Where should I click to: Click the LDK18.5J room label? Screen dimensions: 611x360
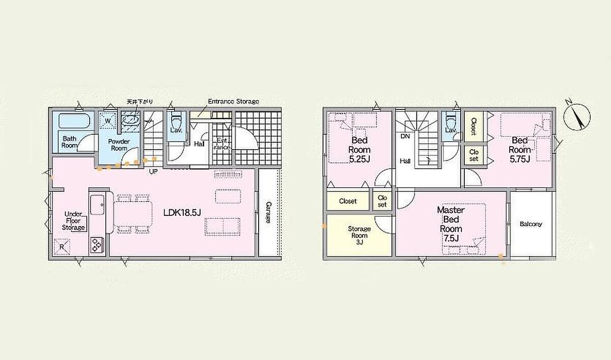click(182, 212)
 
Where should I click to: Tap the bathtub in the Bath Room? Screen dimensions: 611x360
click(74, 121)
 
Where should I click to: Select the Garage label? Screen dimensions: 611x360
click(268, 212)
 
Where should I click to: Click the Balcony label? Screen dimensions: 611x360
click(531, 224)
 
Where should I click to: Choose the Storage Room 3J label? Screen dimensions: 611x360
click(359, 235)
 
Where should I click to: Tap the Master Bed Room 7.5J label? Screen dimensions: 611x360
click(451, 224)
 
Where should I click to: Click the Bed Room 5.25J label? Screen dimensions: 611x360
click(359, 150)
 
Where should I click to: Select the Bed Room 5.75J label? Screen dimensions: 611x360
click(520, 150)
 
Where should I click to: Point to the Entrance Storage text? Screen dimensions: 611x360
click(234, 101)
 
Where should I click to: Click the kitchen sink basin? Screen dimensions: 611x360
click(97, 205)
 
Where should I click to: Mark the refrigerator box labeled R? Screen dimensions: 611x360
click(62, 247)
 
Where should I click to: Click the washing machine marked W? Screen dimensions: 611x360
click(108, 120)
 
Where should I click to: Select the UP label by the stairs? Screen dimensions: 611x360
click(153, 172)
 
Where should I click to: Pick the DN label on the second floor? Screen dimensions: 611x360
click(406, 136)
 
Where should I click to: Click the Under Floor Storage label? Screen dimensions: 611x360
click(73, 220)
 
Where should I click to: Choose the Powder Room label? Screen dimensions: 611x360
click(119, 145)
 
